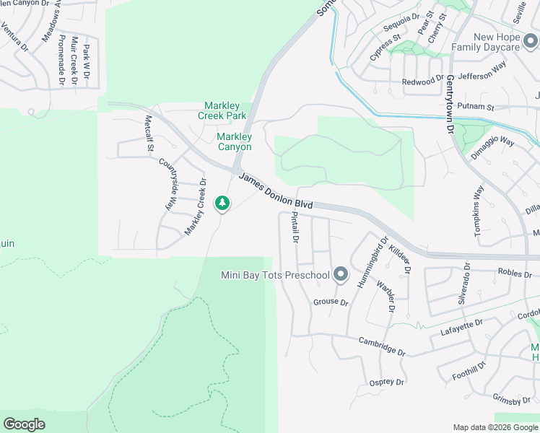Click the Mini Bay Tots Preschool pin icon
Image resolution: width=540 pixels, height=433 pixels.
341,275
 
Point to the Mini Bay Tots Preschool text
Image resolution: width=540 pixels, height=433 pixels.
275,275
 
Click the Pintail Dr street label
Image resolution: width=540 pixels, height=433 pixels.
295,228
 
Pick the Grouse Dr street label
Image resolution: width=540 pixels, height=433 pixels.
331,302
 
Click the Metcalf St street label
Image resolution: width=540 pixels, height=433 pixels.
149,134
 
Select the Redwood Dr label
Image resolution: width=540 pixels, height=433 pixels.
422,81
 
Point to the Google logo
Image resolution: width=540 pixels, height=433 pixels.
24,424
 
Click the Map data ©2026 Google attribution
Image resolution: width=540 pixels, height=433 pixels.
495,427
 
